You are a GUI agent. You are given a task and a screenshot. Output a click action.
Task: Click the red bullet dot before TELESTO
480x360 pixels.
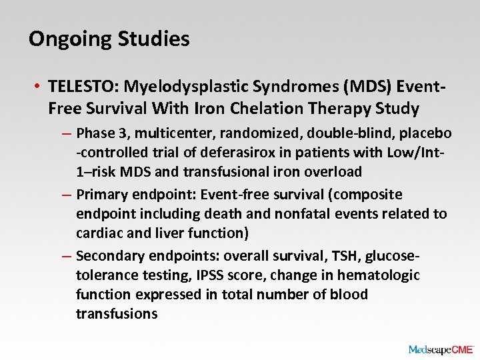click(x=39, y=87)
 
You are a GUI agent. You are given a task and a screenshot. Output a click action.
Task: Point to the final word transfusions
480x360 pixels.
click(x=116, y=314)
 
